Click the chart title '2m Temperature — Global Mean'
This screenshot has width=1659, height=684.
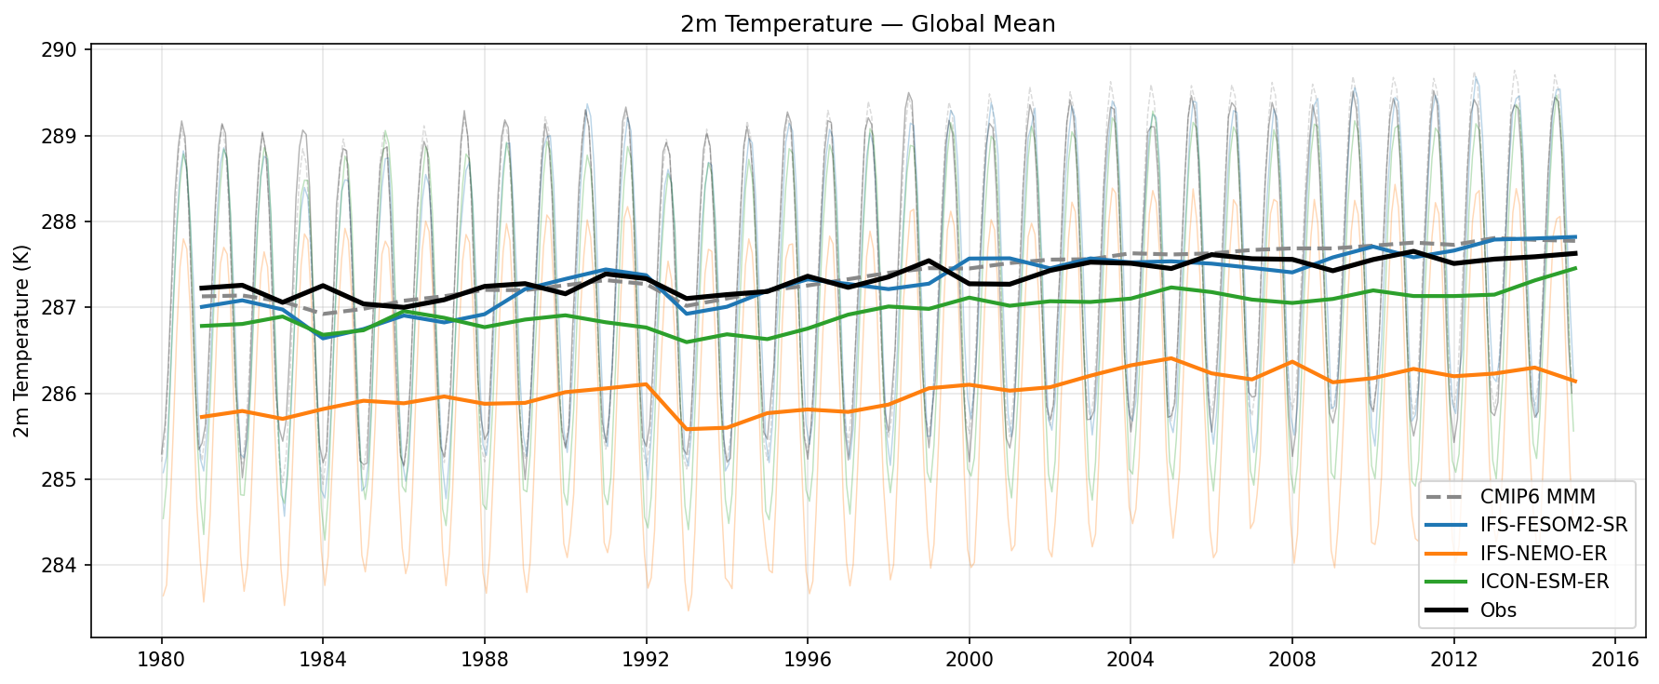click(867, 23)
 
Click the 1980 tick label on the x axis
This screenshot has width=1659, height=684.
click(161, 659)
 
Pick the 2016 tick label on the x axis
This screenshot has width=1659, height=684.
click(1614, 659)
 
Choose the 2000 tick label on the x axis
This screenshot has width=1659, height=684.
click(969, 659)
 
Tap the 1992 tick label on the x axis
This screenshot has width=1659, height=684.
click(646, 659)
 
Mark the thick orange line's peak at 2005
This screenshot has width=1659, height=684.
click(1171, 358)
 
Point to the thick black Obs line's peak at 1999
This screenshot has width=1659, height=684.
click(929, 261)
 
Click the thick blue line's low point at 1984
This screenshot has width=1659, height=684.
click(323, 338)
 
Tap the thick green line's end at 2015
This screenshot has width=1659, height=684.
click(1574, 268)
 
